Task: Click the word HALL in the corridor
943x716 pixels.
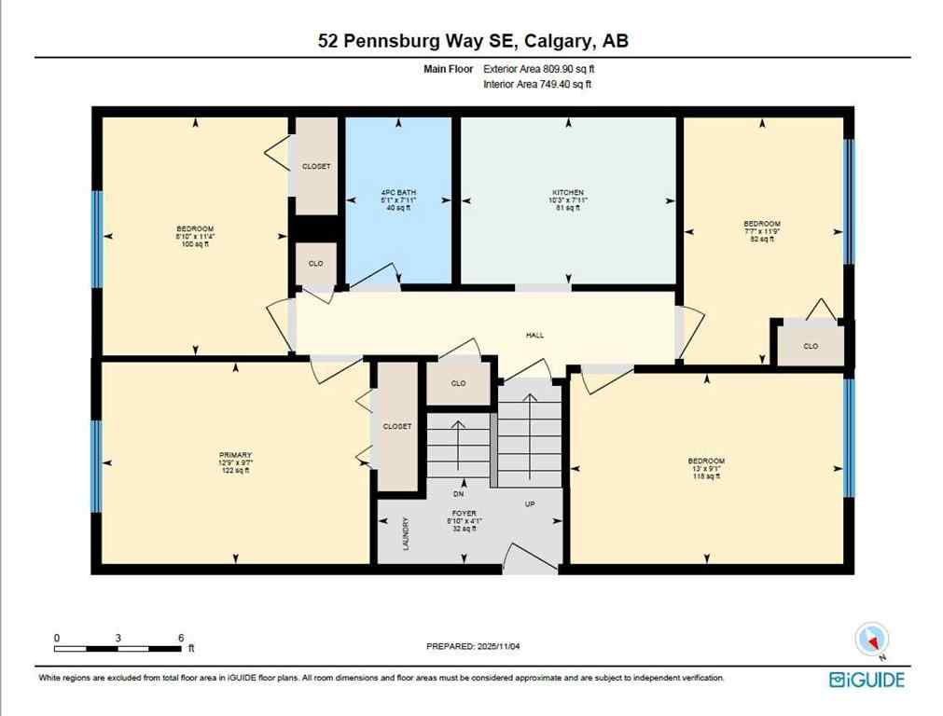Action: tap(534, 335)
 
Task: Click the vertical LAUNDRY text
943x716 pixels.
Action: tap(405, 534)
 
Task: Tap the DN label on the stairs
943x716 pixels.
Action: tap(458, 494)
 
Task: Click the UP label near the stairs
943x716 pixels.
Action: tap(530, 504)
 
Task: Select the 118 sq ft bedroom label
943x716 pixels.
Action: tap(706, 468)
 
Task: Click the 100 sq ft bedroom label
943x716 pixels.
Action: tap(195, 236)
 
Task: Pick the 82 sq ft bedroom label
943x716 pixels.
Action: tap(761, 231)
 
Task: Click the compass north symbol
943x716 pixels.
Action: tap(872, 640)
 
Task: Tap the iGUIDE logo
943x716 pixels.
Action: tap(867, 680)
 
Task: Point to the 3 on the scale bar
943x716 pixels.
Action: tap(118, 638)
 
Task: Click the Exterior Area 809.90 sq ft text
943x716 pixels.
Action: tap(537, 69)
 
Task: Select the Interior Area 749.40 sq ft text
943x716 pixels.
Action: tap(537, 84)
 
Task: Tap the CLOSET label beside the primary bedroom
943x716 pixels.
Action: tap(396, 426)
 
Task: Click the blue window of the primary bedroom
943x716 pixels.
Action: tap(96, 465)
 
